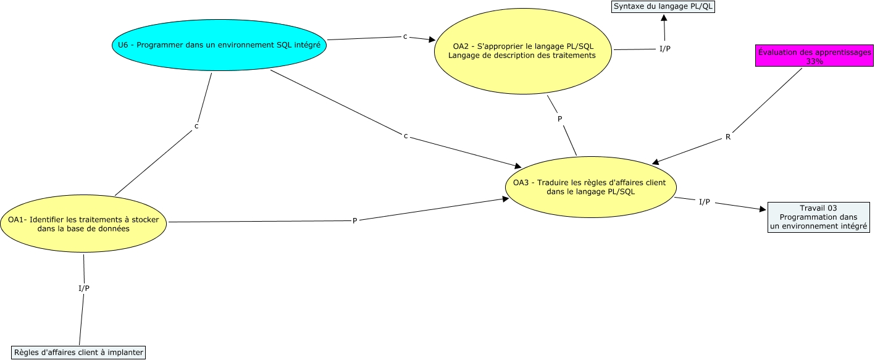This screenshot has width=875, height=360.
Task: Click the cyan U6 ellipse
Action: [219, 45]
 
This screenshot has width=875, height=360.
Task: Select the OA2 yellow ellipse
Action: [523, 51]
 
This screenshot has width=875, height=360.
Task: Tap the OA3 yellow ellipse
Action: [590, 186]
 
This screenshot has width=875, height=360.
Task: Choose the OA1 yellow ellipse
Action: [83, 224]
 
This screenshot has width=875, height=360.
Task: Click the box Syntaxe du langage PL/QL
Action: [663, 7]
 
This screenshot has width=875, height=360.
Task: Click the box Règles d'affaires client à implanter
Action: [78, 353]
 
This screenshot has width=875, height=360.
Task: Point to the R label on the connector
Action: [728, 137]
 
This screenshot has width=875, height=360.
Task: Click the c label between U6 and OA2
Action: [405, 37]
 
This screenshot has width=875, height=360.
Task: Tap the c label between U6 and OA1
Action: [196, 127]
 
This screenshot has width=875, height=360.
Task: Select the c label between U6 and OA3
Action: [406, 136]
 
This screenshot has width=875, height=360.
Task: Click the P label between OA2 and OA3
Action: [560, 119]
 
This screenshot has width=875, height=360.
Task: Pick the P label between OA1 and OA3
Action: [354, 220]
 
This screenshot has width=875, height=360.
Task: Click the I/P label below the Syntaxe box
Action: [665, 49]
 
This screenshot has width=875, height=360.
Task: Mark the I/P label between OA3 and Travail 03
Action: [704, 202]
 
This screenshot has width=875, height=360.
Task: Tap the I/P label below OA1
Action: [83, 288]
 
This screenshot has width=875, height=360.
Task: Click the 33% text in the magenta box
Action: [814, 61]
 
